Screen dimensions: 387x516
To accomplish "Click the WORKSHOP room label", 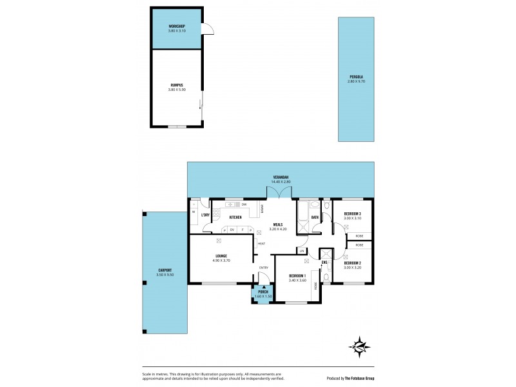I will tap(177, 26).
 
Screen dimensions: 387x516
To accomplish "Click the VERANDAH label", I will tap(280, 177).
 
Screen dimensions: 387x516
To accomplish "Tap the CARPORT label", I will tap(164, 270).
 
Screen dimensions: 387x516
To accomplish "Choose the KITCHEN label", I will tap(235, 217).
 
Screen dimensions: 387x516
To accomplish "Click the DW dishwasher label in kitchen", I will tap(244, 204).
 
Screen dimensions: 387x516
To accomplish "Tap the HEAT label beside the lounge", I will tap(261, 243).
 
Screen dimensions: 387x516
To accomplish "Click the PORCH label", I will tap(263, 292).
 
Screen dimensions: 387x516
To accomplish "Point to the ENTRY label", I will tap(264, 268).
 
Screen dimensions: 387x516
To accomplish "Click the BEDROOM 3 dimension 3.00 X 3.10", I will tap(352, 218).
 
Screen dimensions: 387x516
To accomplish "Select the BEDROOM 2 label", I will tap(352, 263).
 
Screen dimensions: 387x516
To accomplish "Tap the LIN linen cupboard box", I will tap(301, 250).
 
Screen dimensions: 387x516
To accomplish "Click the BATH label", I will tap(315, 217).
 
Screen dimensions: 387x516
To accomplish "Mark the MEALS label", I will tap(277, 224).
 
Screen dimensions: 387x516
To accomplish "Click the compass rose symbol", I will tap(359, 349).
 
